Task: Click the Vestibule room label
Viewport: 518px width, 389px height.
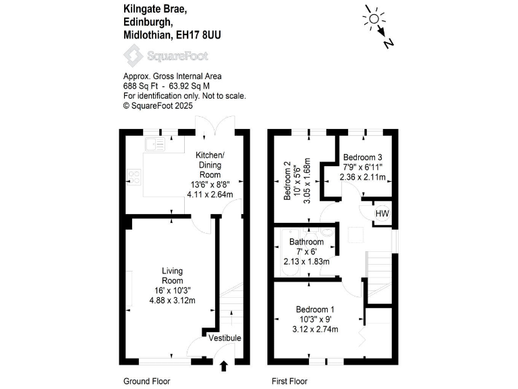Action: tap(225, 338)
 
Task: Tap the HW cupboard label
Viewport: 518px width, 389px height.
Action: tap(382, 214)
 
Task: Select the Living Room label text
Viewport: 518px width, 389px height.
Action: tap(173, 276)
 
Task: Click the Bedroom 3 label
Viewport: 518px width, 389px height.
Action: tap(363, 156)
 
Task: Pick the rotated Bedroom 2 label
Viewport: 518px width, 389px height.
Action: tap(287, 181)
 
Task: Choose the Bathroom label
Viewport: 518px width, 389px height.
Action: tap(306, 242)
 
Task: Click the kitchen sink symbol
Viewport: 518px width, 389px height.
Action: tap(155, 144)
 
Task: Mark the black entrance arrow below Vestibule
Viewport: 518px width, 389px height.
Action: tap(225, 366)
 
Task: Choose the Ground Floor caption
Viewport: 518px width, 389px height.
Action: tap(146, 382)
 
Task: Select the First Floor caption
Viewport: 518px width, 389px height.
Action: tap(289, 382)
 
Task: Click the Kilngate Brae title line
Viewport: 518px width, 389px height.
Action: tap(155, 9)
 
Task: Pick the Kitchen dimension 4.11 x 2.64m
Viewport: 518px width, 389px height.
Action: tap(210, 194)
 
